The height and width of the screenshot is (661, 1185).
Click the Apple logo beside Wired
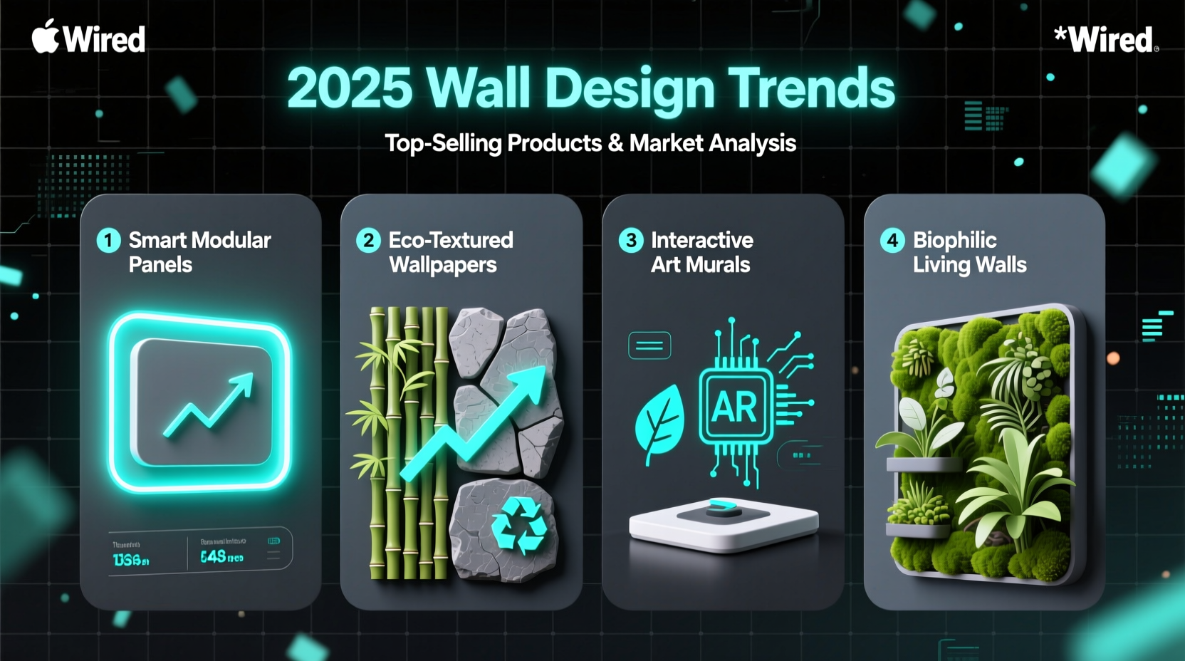click(46, 36)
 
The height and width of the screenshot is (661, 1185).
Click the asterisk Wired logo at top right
click(1105, 39)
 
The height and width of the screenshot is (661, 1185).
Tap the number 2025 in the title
click(350, 88)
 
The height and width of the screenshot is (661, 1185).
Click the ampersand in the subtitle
click(615, 143)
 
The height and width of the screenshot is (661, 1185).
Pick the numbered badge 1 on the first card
click(108, 241)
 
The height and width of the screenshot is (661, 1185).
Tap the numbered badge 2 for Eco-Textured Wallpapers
click(368, 241)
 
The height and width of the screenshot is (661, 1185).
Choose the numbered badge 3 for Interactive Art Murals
click(631, 241)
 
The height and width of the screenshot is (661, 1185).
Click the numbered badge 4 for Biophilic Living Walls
click(892, 241)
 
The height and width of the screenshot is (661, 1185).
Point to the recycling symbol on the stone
click(519, 526)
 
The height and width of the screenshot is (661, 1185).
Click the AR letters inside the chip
click(734, 407)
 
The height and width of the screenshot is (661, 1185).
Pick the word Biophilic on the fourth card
click(955, 240)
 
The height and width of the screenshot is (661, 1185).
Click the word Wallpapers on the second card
click(443, 265)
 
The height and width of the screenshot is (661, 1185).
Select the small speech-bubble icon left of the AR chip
click(649, 345)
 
